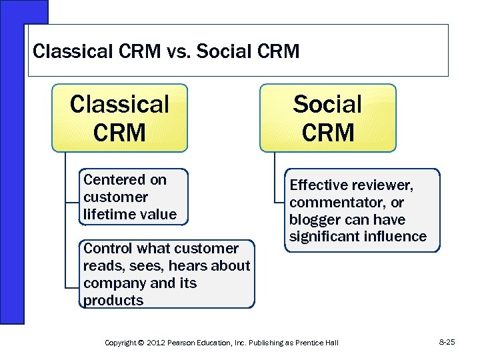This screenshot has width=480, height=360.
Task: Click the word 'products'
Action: (x=113, y=300)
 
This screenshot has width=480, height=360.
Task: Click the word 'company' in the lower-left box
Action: (x=109, y=283)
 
